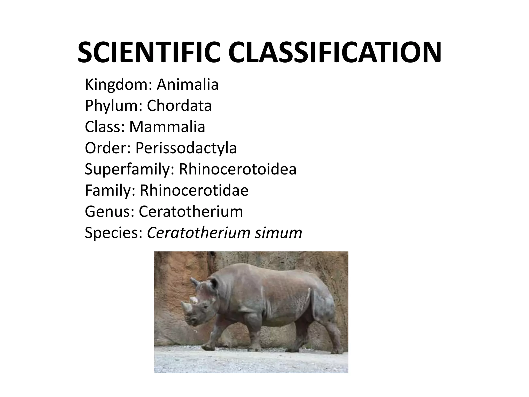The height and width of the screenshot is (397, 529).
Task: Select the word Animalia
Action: (x=188, y=85)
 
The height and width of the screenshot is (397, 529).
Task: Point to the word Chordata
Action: (x=179, y=106)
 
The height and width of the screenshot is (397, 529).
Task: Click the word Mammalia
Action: (x=167, y=127)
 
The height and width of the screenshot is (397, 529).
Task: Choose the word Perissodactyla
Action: (x=186, y=148)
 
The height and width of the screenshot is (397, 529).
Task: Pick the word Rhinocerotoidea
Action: (x=237, y=169)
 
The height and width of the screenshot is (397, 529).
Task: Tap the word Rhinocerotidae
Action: (x=194, y=190)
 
